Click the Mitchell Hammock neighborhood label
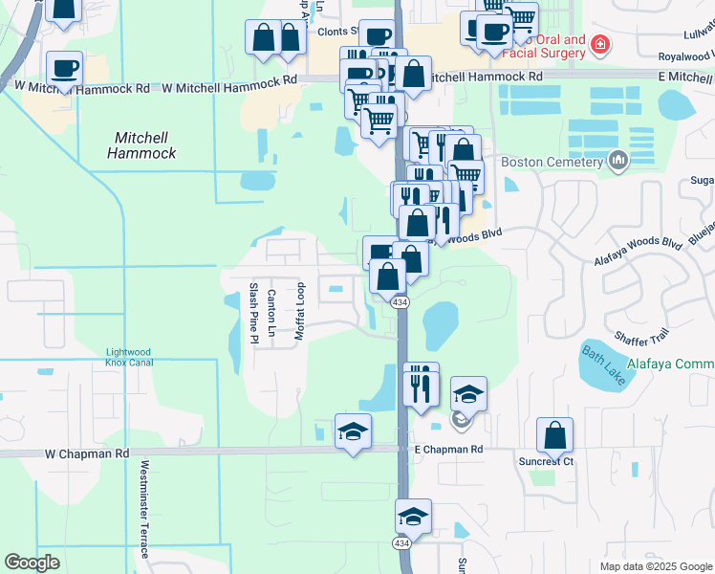tap(141, 143)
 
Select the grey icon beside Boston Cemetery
tap(617, 161)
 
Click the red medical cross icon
tap(600, 44)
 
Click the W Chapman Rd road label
tap(86, 453)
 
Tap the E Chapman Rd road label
tap(448, 449)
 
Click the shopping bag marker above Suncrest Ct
tap(554, 436)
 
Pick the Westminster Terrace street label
tap(144, 510)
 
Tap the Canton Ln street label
tap(271, 316)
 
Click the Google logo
tap(32, 563)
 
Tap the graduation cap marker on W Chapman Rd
tap(353, 431)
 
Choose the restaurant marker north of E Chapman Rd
tap(420, 382)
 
